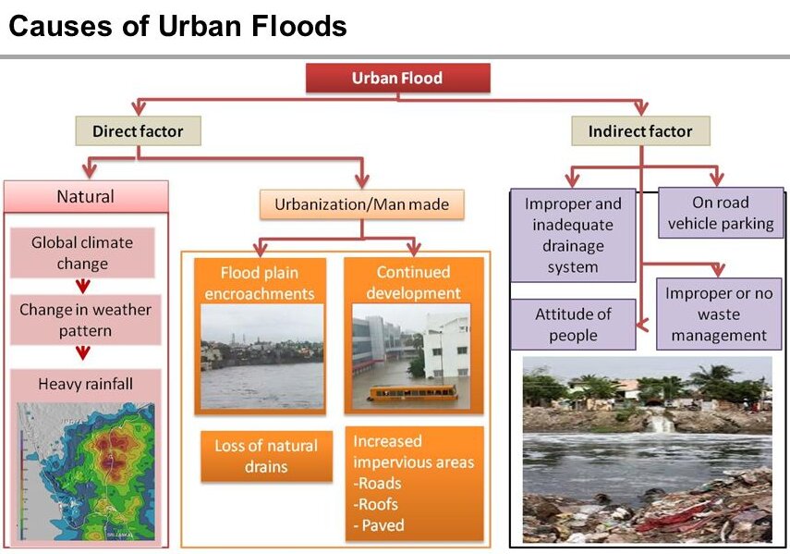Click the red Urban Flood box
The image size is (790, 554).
point(397,78)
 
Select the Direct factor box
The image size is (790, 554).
point(138,131)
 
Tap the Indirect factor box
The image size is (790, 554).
point(640,131)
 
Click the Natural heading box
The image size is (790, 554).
point(86,196)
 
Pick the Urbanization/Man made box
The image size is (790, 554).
point(362,204)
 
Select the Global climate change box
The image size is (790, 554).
point(82,252)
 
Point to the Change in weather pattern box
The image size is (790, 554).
point(85,320)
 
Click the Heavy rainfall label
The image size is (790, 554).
point(86,384)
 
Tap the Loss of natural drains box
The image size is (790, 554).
point(266,456)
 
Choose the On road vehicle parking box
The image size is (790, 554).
point(721,213)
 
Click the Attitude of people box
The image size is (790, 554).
point(574,325)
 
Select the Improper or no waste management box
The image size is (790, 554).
point(719,314)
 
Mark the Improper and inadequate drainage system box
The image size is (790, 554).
point(573,235)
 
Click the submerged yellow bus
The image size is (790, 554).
point(413,393)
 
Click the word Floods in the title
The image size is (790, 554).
point(299,26)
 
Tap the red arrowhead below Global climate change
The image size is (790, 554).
point(83,287)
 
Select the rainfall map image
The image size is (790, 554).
point(86,472)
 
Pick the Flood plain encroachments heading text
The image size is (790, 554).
point(260,283)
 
